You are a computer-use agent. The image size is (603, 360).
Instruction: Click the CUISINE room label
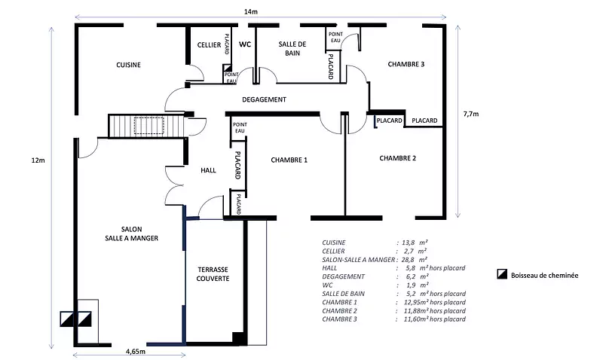pyautogui.click(x=128, y=66)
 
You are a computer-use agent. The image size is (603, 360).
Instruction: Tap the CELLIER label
pyautogui.click(x=209, y=46)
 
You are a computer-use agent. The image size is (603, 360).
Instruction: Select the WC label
pyautogui.click(x=244, y=45)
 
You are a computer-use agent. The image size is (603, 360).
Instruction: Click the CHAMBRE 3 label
pyautogui.click(x=406, y=65)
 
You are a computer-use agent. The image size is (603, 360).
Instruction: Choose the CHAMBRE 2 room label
pyautogui.click(x=397, y=158)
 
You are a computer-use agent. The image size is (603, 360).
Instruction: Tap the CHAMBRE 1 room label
pyautogui.click(x=289, y=160)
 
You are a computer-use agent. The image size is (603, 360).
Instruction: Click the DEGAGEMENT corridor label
pyautogui.click(x=264, y=99)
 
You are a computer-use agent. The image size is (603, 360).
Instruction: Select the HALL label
pyautogui.click(x=209, y=171)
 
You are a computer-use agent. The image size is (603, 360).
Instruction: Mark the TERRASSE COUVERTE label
pyautogui.click(x=213, y=273)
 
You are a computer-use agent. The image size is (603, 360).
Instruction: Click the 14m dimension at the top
pyautogui.click(x=251, y=11)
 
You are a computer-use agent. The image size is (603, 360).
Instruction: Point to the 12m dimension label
pyautogui.click(x=38, y=160)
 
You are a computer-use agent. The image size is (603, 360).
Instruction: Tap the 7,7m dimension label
pyautogui.click(x=471, y=114)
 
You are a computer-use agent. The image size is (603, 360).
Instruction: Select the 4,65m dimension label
pyautogui.click(x=136, y=351)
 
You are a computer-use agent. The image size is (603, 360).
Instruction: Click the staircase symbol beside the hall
pyautogui.click(x=148, y=125)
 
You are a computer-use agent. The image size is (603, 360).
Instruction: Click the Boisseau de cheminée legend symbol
pyautogui.click(x=502, y=276)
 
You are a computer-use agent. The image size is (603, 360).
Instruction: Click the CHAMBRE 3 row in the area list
pyautogui.click(x=393, y=319)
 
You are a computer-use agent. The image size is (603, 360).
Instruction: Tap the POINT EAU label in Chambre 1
pyautogui.click(x=240, y=128)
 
